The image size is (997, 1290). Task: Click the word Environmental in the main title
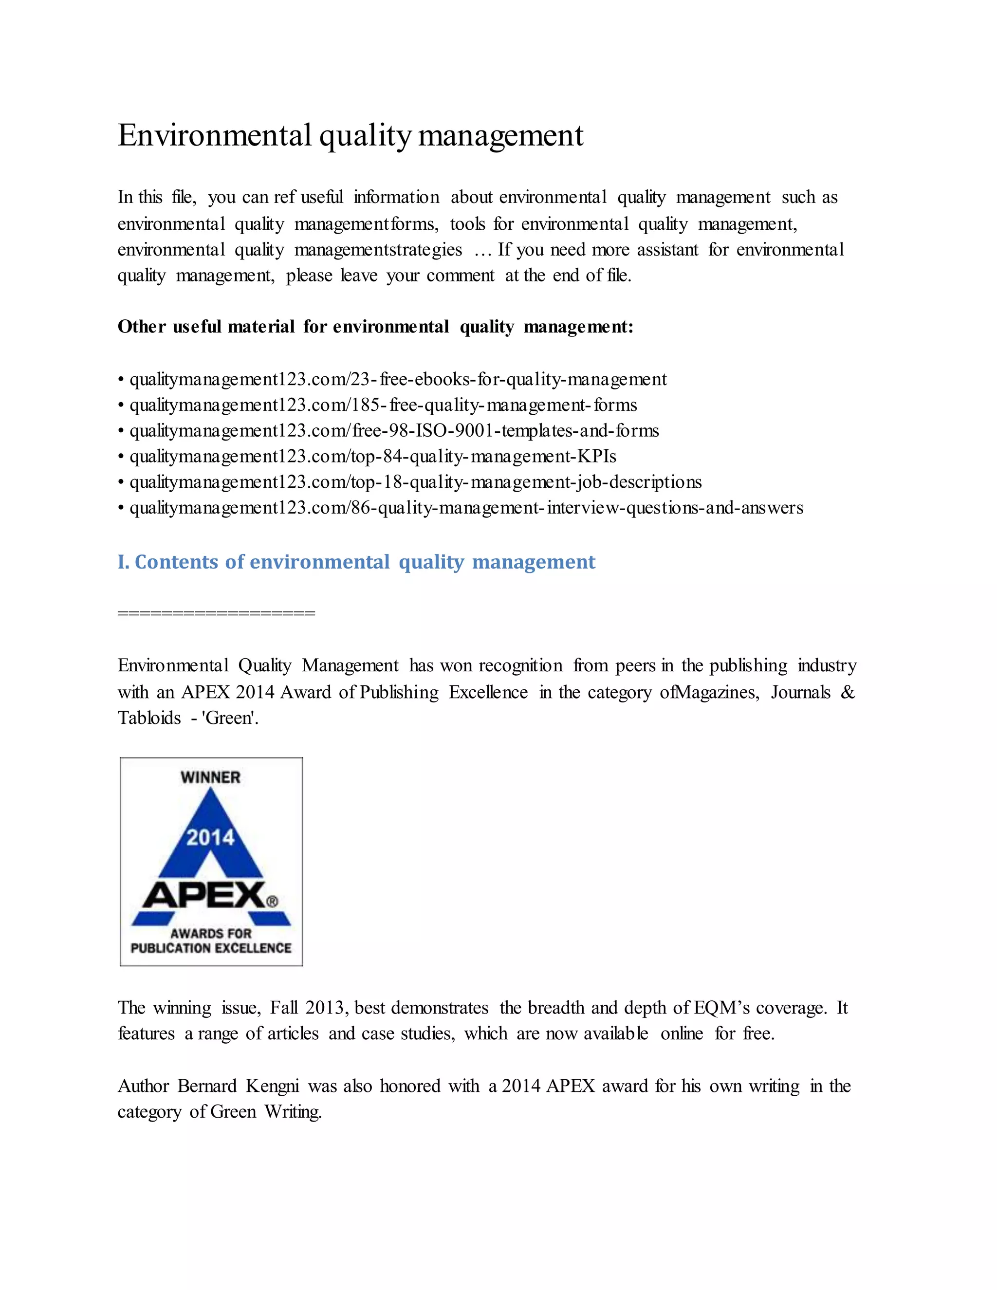pyautogui.click(x=214, y=135)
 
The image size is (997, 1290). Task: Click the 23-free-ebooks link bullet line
pyautogui.click(x=398, y=379)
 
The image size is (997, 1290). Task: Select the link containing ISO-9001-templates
pyautogui.click(x=394, y=431)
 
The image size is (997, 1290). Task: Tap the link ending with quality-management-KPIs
pyautogui.click(x=373, y=457)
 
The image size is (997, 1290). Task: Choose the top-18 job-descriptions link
pyautogui.click(x=415, y=482)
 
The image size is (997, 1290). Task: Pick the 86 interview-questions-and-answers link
pyautogui.click(x=466, y=508)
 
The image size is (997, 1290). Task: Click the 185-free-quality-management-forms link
pyautogui.click(x=383, y=405)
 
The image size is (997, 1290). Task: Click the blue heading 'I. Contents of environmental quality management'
pyautogui.click(x=356, y=562)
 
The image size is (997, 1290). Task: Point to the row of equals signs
pyautogui.click(x=216, y=613)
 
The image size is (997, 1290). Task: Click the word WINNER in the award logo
pyautogui.click(x=211, y=777)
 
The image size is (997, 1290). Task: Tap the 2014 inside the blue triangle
pyautogui.click(x=210, y=838)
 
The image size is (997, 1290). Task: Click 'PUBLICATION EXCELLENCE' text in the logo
pyautogui.click(x=211, y=948)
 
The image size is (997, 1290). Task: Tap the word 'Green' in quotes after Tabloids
pyautogui.click(x=229, y=718)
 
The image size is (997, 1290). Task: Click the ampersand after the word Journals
pyautogui.click(x=848, y=692)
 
